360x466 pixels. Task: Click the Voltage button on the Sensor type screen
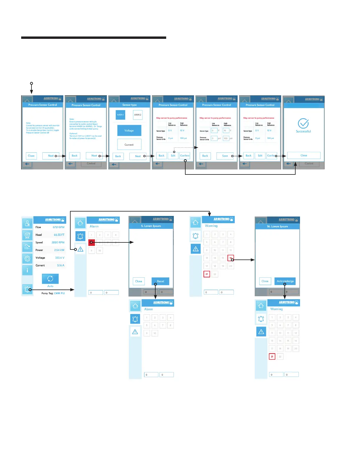[129, 131]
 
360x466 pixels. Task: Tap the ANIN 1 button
[121, 115]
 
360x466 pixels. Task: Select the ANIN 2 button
[138, 115]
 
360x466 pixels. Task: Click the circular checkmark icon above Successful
[303, 124]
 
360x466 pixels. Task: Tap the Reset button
[161, 281]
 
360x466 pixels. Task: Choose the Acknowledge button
[285, 281]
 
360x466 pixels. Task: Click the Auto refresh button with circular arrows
[50, 279]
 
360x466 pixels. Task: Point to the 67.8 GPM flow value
[59, 227]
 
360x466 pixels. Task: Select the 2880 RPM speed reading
[58, 242]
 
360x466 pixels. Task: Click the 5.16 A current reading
[61, 265]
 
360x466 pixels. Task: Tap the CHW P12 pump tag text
[59, 293]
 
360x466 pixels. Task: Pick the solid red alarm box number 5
[91, 242]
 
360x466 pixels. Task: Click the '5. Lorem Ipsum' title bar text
[151, 226]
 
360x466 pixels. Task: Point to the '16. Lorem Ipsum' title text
[277, 227]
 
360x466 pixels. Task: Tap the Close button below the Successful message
[304, 155]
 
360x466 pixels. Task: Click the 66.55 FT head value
[59, 235]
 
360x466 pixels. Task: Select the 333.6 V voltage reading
[60, 258]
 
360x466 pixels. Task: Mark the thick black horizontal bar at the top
[94, 38]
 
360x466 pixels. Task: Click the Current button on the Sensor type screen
[129, 145]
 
